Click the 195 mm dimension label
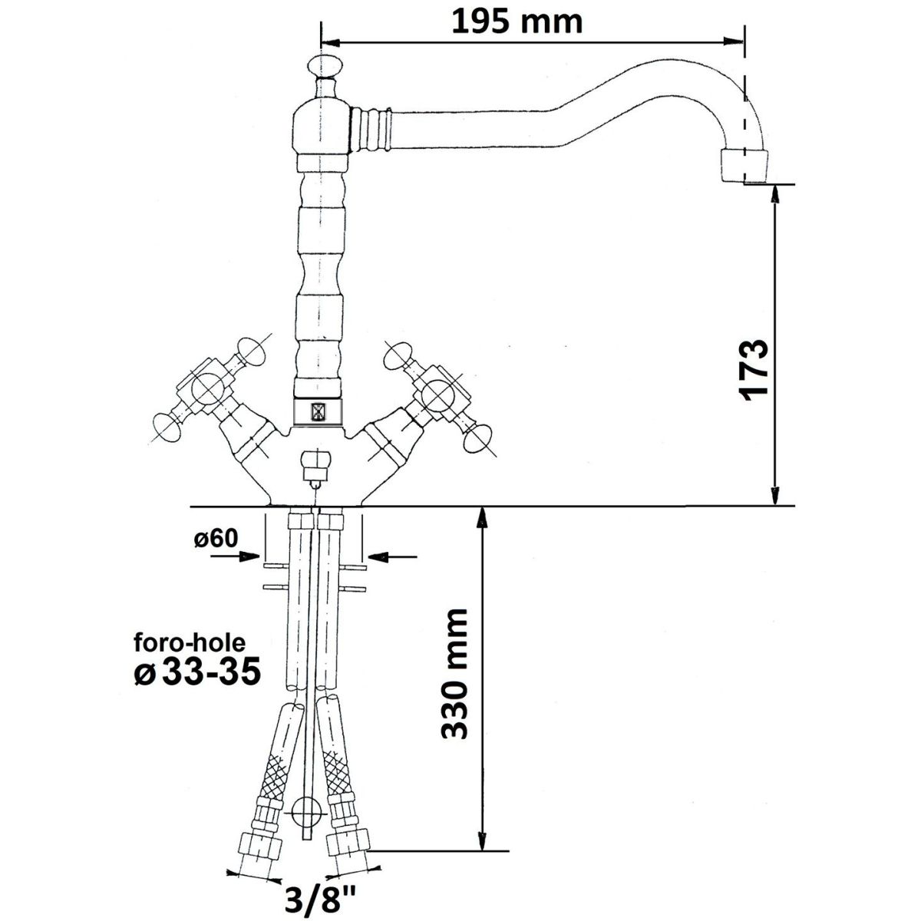[x=517, y=22]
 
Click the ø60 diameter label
[x=216, y=539]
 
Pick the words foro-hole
[x=190, y=643]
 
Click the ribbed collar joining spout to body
[x=371, y=129]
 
